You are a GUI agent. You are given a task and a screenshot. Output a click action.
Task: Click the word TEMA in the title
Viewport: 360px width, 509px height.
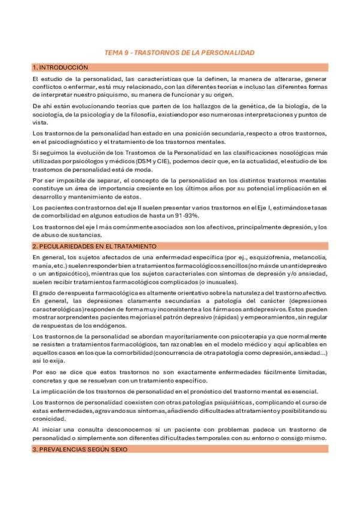tap(113, 53)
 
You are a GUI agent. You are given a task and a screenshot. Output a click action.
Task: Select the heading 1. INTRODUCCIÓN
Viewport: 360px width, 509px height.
tap(60, 67)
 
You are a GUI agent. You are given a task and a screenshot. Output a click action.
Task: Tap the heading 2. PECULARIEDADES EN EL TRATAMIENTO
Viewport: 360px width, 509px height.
tap(94, 246)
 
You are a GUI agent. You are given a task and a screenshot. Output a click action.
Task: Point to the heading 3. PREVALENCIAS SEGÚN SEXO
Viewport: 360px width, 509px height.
tap(76, 450)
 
